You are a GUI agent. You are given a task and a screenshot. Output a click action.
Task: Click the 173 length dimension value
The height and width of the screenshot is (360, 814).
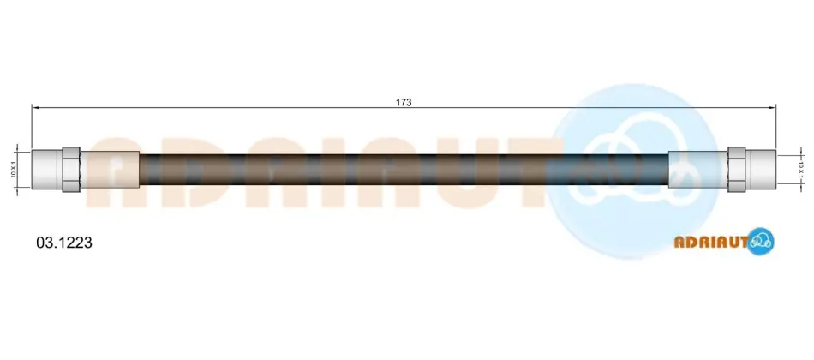(x=404, y=102)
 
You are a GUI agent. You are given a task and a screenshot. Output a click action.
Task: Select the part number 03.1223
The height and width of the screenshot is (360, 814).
(x=64, y=242)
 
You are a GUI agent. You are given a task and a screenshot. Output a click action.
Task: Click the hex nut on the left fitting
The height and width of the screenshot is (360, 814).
(x=71, y=170)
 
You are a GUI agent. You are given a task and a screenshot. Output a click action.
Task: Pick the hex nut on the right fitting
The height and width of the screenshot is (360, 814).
(x=736, y=170)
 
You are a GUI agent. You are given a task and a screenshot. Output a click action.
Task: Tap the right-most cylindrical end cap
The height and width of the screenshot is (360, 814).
(x=761, y=170)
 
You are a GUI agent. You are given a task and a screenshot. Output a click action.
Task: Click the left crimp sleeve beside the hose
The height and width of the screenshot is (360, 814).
(x=110, y=170)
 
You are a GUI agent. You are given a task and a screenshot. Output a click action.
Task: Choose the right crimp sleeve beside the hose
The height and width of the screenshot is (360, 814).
(x=697, y=170)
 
